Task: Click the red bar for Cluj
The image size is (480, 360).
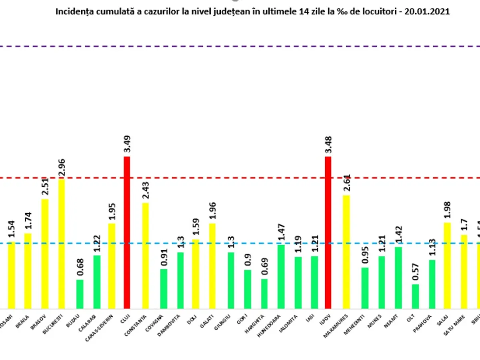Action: (x=127, y=232)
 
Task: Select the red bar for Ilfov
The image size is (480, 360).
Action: (x=328, y=232)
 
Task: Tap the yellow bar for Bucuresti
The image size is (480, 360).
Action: (x=61, y=244)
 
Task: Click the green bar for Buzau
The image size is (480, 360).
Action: (x=80, y=294)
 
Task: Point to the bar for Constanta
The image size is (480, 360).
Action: (x=146, y=256)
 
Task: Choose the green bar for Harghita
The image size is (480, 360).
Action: (x=264, y=294)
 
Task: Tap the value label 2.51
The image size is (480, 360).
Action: (x=44, y=187)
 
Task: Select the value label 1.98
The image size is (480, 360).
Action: (x=447, y=210)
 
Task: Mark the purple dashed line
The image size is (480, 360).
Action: (x=240, y=47)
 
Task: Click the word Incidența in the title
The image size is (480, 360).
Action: (x=70, y=12)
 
